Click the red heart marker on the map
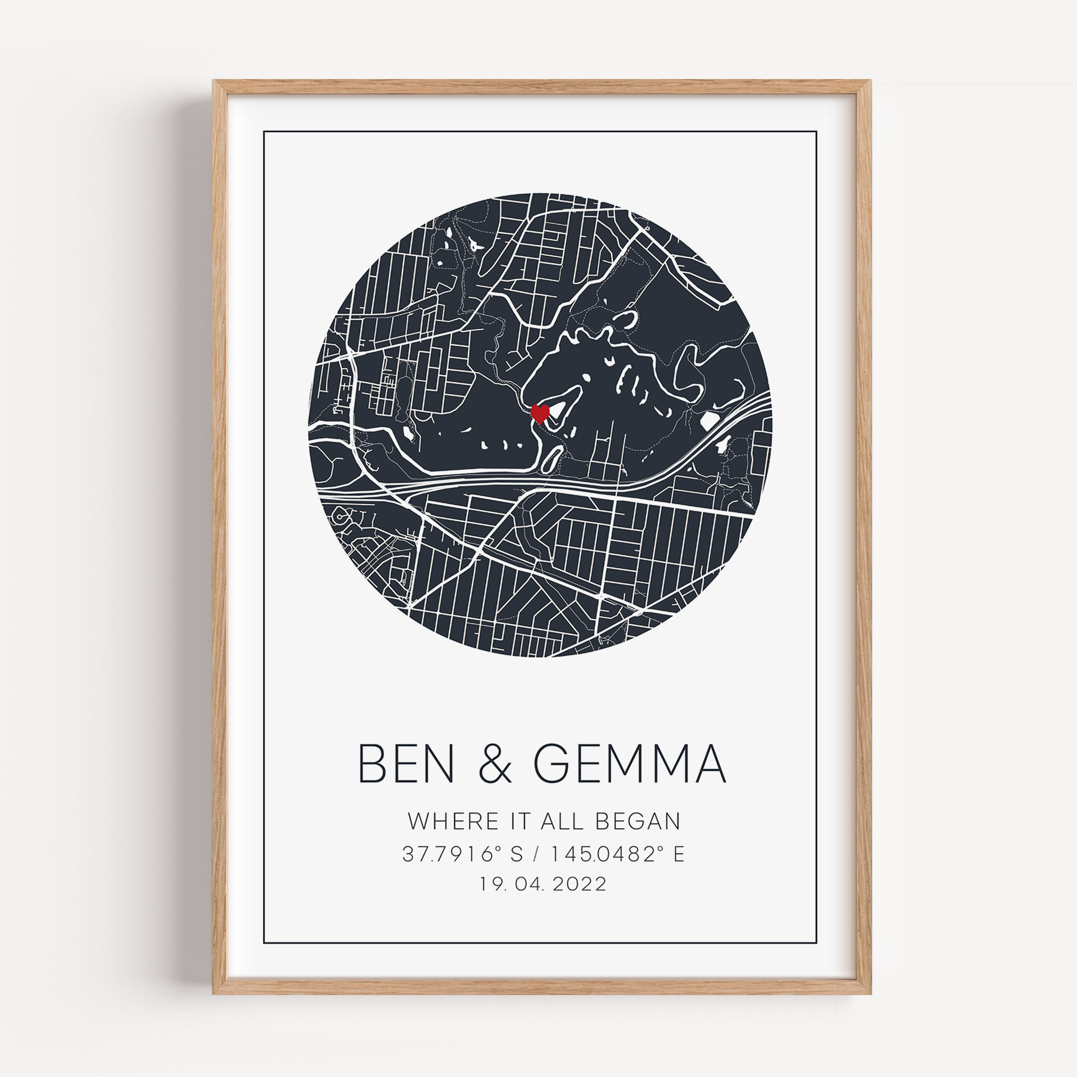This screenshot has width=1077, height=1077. coord(540,413)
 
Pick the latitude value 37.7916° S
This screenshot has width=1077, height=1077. coord(462,854)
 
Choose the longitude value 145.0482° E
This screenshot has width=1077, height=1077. coord(618,854)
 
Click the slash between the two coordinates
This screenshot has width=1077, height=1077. coord(537,854)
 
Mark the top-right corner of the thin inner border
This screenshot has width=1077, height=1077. coord(816,132)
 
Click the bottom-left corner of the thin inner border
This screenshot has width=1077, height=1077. coord(264,943)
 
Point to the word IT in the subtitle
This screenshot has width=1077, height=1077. coord(521,821)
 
